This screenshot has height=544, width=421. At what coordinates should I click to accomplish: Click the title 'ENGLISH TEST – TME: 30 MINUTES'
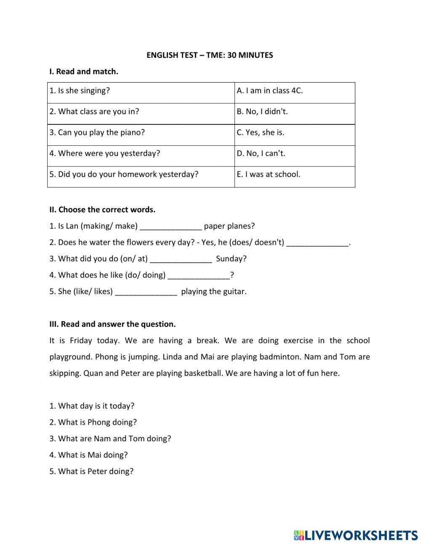coord(210,55)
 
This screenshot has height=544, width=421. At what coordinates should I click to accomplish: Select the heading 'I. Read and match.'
coord(84,72)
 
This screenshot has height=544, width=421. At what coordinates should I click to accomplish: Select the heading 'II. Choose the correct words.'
coord(102,209)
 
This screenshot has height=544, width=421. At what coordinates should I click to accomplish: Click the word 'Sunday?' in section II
coord(231,259)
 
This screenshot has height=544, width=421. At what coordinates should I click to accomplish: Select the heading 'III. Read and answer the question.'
coord(112,324)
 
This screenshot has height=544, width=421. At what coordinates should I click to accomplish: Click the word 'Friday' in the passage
coord(81,340)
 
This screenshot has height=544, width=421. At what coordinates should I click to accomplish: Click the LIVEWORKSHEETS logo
coord(356,535)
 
